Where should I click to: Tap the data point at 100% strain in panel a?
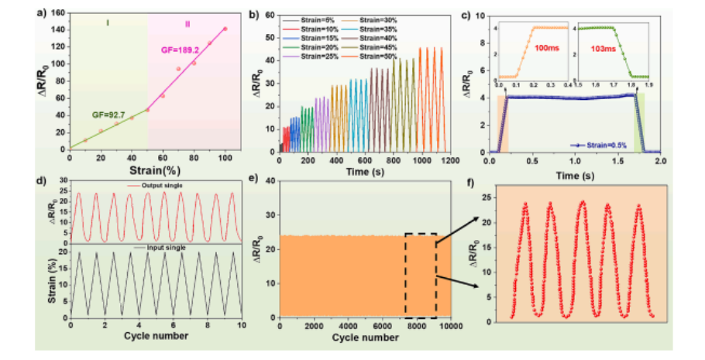[x=225, y=29]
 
